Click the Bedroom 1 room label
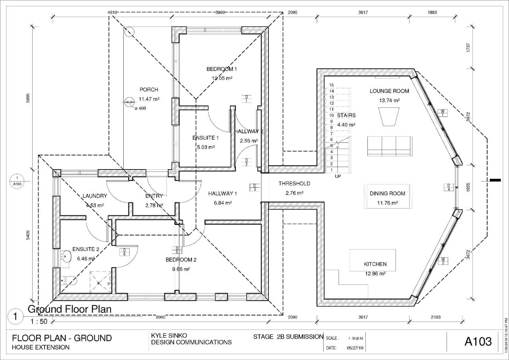click(219, 69)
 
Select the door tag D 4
click(449, 187)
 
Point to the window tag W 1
click(442, 113)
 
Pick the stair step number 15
click(331, 85)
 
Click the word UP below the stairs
click(338, 176)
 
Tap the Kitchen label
click(375, 264)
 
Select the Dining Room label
click(387, 193)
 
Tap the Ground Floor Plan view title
click(69, 309)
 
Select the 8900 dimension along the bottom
click(161, 317)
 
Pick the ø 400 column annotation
click(140, 108)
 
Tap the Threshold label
click(294, 184)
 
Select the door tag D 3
click(254, 187)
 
